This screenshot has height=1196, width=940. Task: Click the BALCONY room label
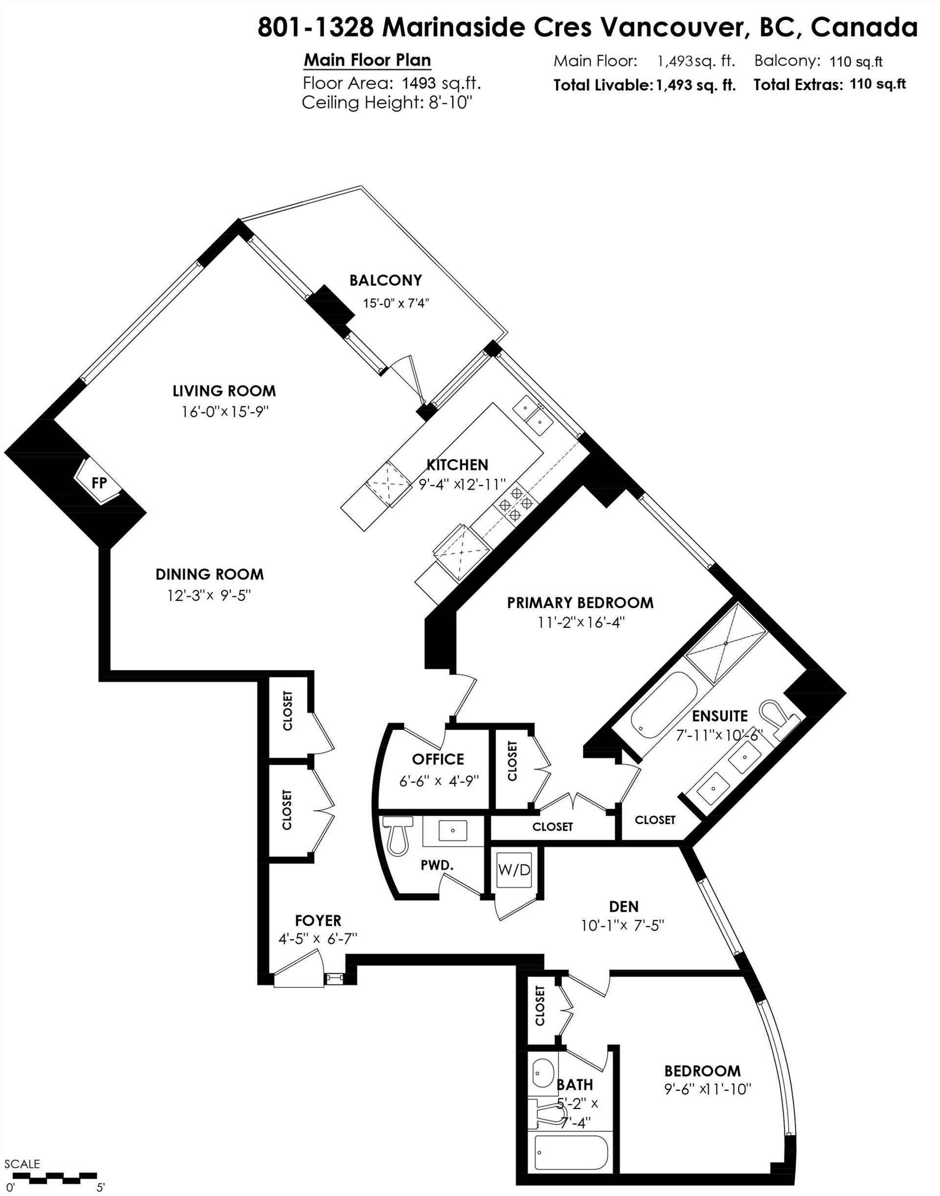[x=385, y=281]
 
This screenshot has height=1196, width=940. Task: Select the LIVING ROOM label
[x=224, y=391]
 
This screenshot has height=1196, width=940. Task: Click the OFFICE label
[x=438, y=759]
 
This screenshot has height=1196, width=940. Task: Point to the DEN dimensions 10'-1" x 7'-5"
[x=622, y=926]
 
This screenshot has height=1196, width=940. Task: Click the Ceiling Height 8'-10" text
[x=387, y=103]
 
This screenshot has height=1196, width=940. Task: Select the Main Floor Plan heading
[x=368, y=61]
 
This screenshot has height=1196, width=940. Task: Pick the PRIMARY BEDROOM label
[x=580, y=603]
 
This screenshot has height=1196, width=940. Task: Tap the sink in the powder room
[x=453, y=830]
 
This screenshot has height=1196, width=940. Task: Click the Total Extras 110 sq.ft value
[x=878, y=84]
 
